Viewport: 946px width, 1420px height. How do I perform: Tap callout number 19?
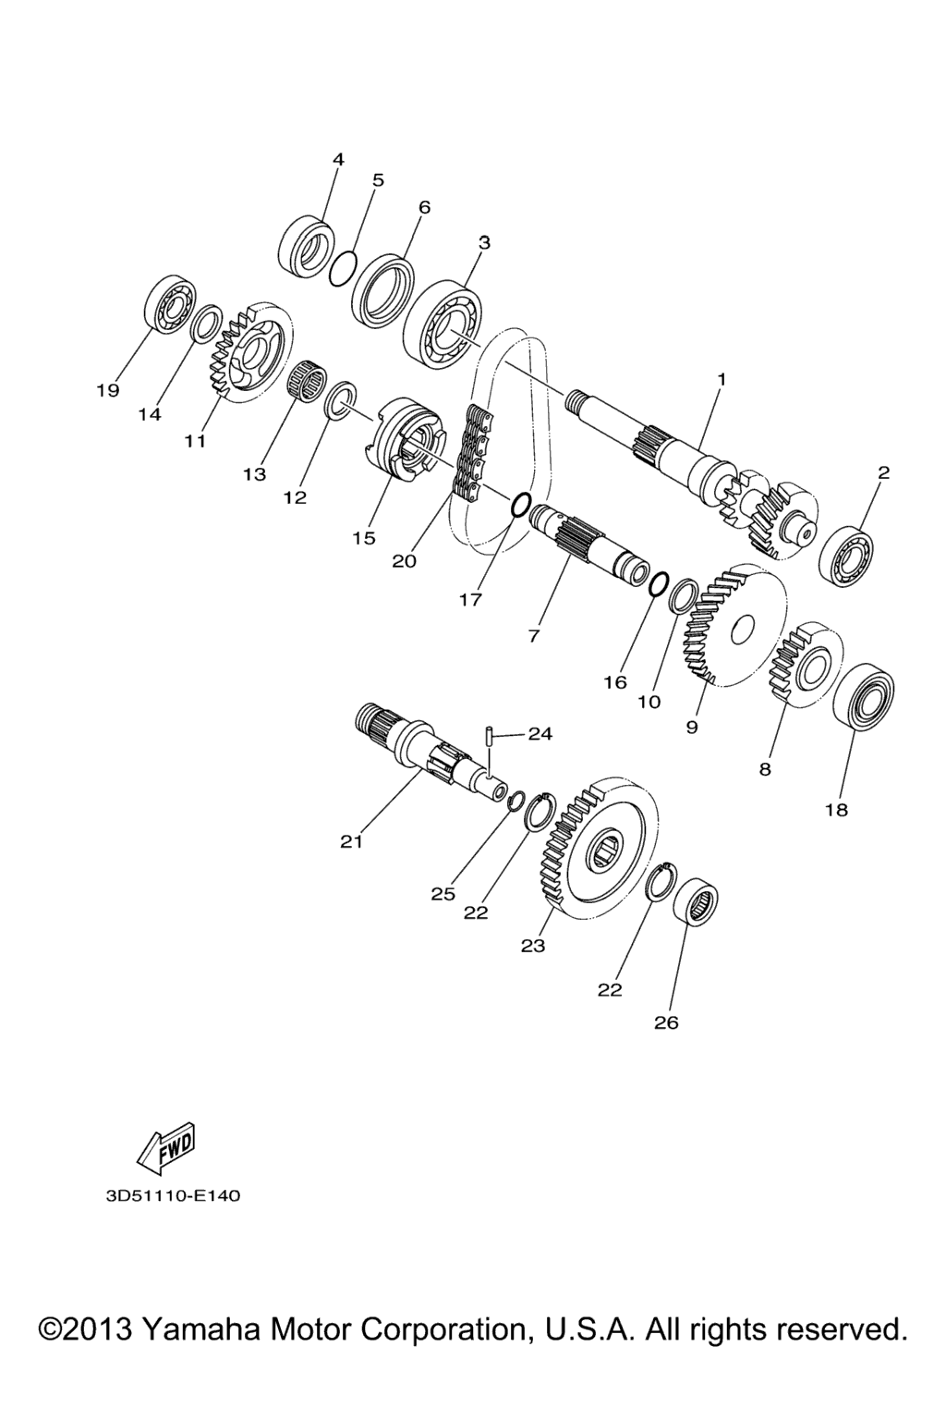click(108, 390)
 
